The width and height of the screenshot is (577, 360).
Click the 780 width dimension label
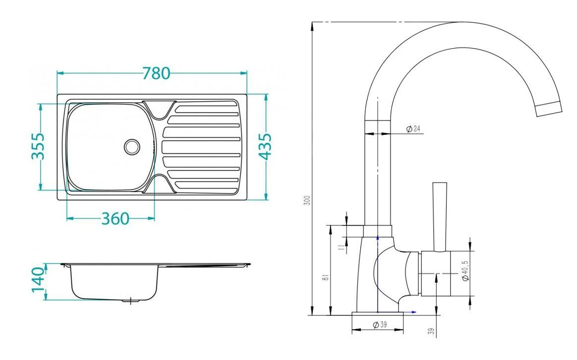click(156, 73)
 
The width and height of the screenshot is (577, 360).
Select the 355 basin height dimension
click(38, 146)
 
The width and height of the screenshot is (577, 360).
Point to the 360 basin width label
click(115, 219)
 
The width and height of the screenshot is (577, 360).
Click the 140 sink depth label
click(38, 279)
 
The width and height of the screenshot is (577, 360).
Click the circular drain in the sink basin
click(132, 146)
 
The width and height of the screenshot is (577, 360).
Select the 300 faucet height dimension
click(308, 200)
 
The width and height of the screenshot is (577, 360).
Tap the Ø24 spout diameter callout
click(413, 128)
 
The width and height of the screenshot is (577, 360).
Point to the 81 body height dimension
click(326, 277)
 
